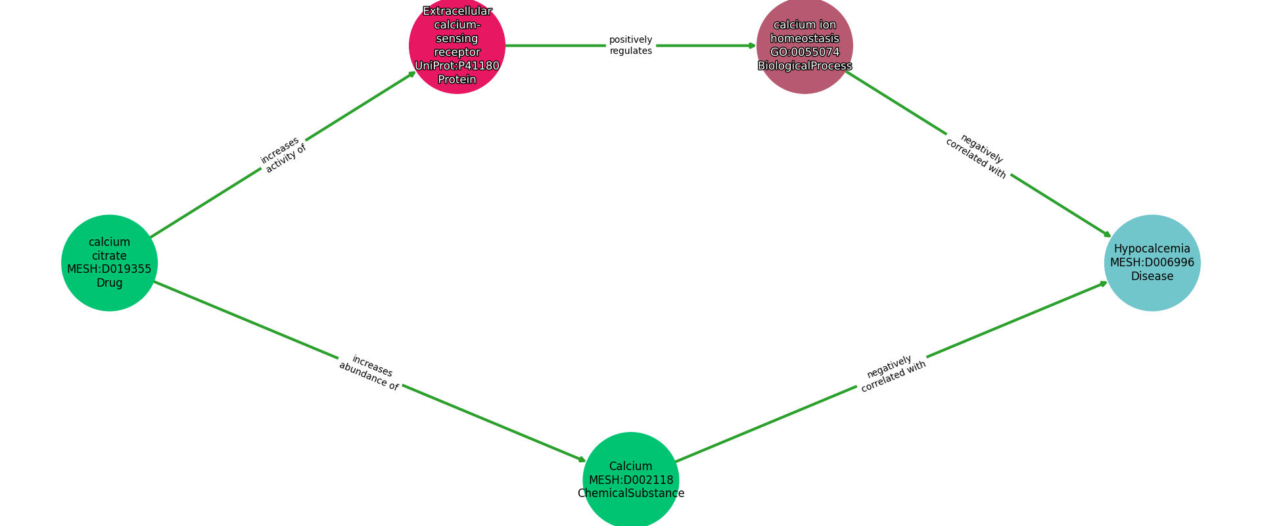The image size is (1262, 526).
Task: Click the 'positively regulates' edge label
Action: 630,45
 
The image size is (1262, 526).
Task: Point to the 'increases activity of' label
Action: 283,155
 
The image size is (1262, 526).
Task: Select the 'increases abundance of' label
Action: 369,373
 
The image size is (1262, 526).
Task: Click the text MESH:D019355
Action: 109,268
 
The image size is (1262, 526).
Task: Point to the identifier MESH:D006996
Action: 1152,262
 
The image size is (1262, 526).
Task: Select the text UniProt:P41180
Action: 457,66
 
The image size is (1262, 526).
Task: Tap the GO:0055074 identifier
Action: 805,52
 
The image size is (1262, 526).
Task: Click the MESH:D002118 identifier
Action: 630,480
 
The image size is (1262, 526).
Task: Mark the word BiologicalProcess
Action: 805,66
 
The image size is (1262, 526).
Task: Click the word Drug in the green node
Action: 109,283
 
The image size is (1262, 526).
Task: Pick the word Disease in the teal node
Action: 1152,276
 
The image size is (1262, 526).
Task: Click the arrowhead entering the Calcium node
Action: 581,460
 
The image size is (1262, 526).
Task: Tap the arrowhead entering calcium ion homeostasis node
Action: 753,45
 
